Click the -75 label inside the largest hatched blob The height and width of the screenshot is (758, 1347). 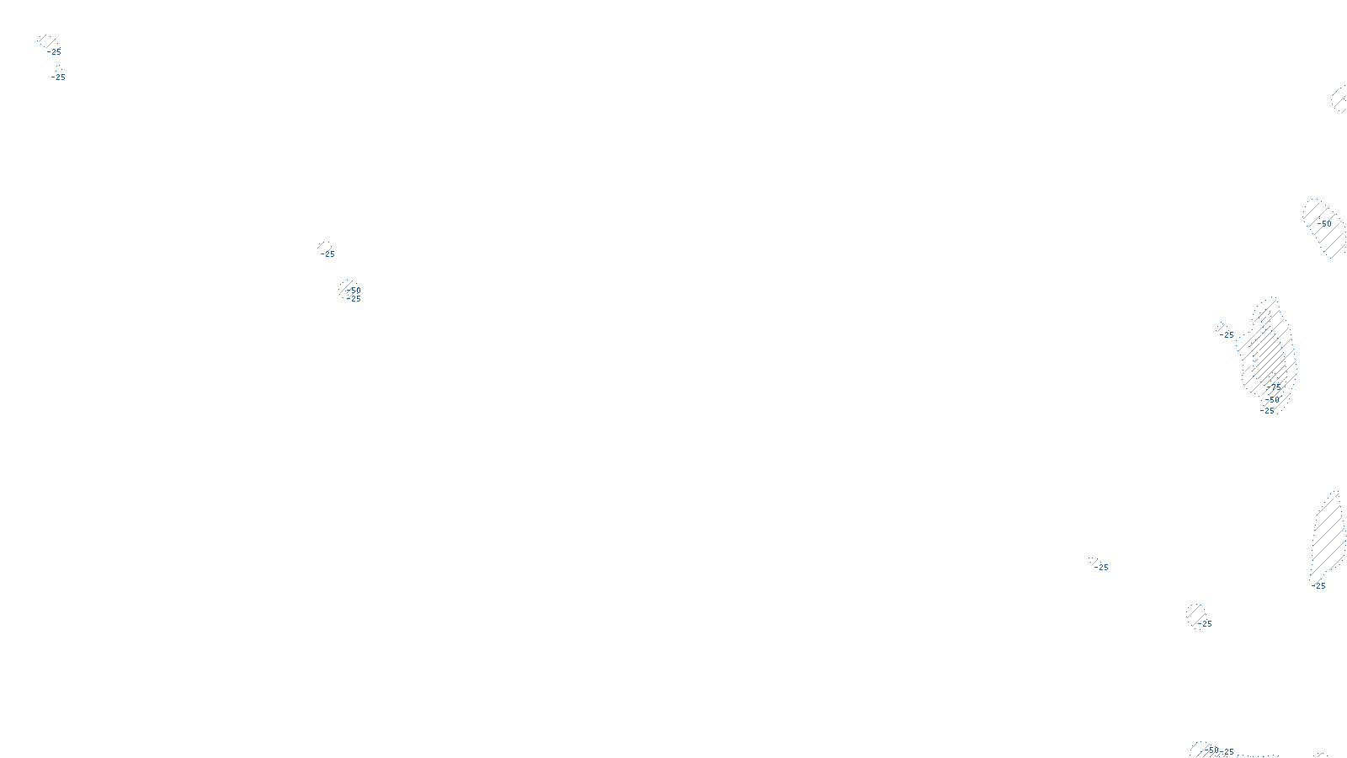(1275, 387)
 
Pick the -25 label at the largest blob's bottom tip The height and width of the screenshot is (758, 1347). (1268, 411)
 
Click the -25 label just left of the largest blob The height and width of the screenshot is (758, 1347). (1227, 335)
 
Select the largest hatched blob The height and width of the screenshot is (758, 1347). (1268, 354)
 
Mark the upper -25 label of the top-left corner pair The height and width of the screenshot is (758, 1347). (55, 52)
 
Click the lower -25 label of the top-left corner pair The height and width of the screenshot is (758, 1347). (59, 77)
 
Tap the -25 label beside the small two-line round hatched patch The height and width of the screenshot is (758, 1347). (1206, 624)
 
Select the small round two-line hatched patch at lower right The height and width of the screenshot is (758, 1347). (1195, 613)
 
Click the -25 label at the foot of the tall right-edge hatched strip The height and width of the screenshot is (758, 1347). (1319, 586)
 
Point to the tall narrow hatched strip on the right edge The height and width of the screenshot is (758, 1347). (1328, 535)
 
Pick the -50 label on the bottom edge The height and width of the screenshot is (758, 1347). (1213, 750)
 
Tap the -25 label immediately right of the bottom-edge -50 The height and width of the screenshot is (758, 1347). (1227, 752)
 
